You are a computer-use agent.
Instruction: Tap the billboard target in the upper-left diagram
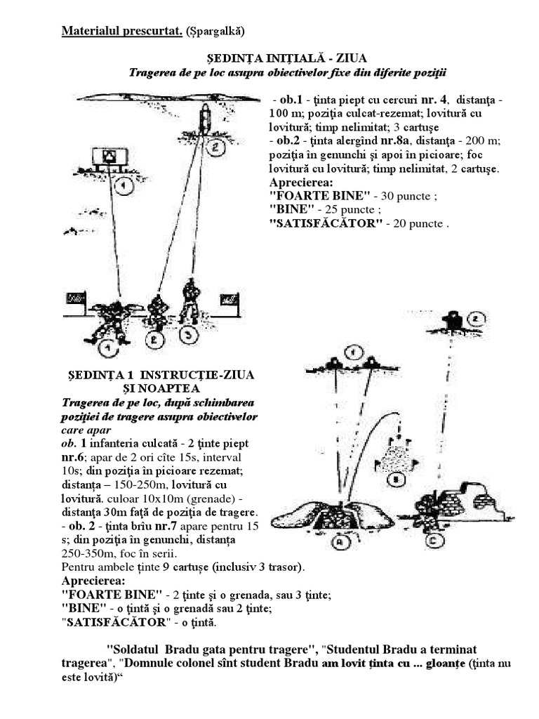pos(109,157)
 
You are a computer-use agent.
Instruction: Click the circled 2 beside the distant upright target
pos(216,147)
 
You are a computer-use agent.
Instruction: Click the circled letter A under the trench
pos(342,541)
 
